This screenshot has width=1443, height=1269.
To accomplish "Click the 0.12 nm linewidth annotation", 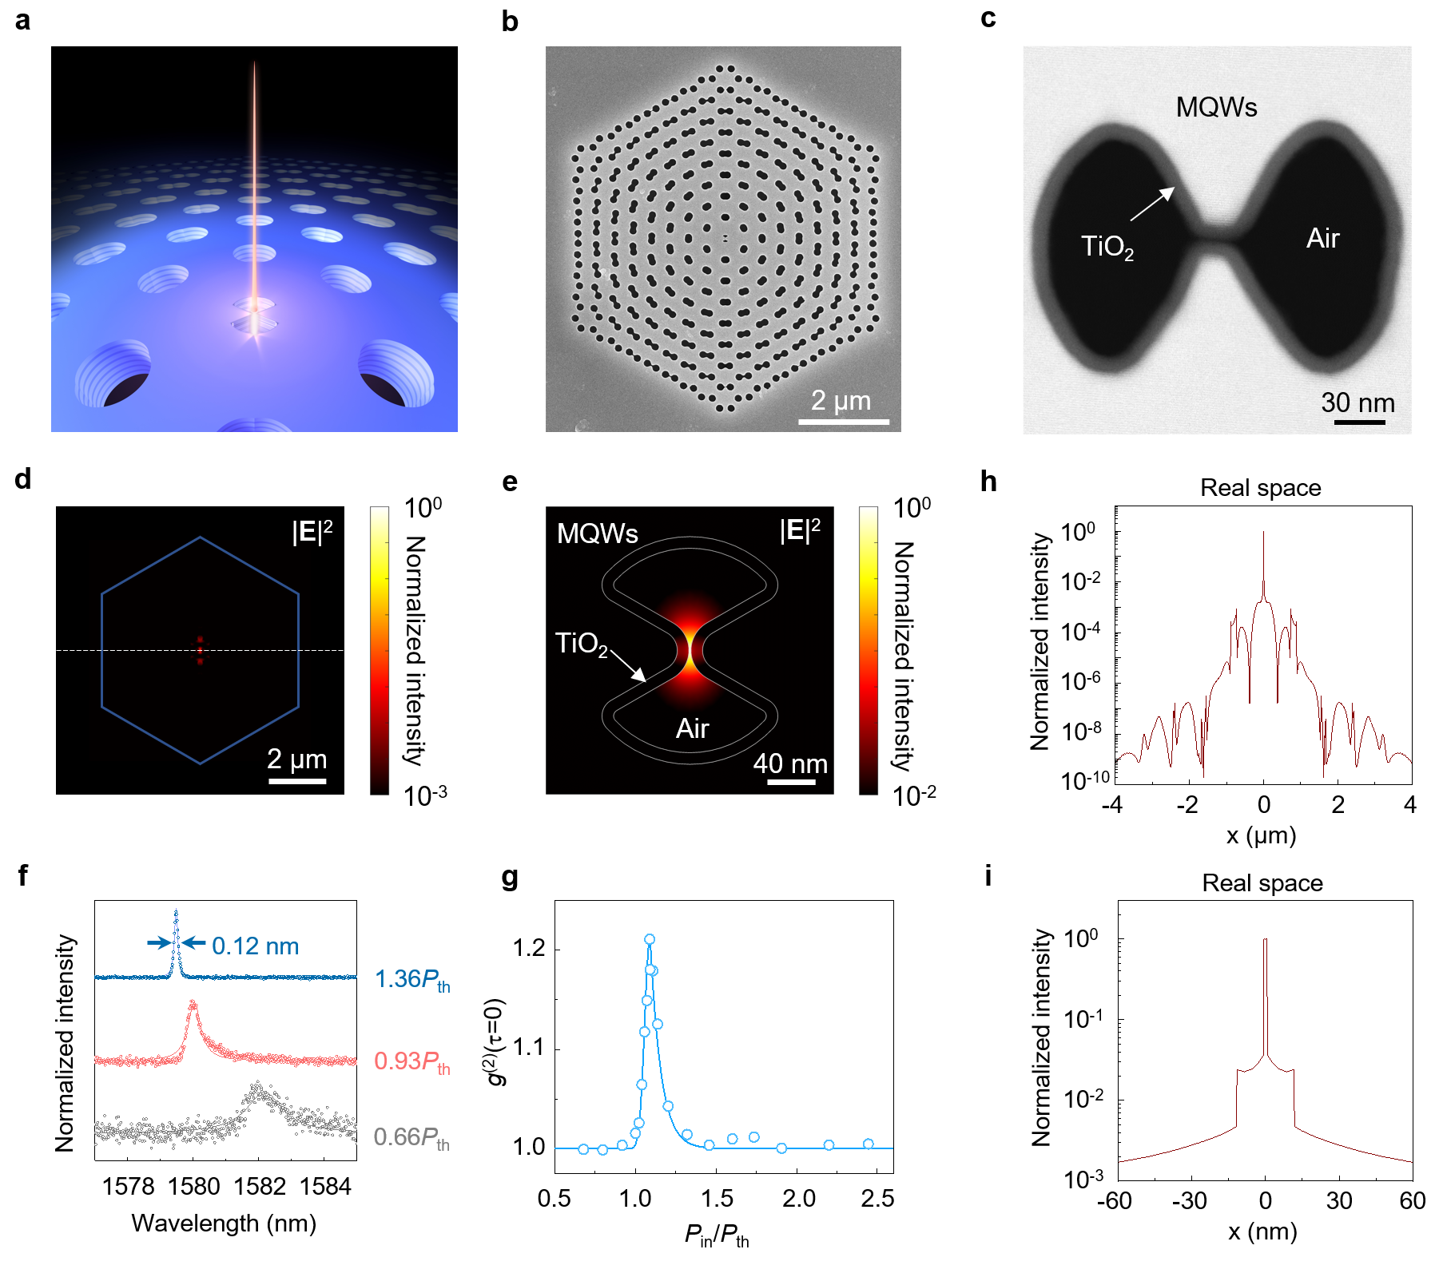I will [x=255, y=946].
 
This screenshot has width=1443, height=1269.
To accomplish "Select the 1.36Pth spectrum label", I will [x=411, y=980].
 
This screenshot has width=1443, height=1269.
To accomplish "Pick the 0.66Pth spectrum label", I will [x=411, y=1137].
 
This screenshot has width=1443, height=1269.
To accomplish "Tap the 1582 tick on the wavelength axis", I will [x=259, y=1187].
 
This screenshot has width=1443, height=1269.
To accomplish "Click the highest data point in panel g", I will [x=650, y=939].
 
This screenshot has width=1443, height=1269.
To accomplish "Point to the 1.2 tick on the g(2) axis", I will [x=528, y=949].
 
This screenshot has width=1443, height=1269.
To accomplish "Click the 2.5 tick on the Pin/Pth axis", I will [x=877, y=1198].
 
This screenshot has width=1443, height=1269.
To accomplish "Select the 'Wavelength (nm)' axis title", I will [x=224, y=1223].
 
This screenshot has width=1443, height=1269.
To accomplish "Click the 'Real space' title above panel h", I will [x=1260, y=488].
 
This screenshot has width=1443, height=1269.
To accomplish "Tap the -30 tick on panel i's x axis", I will [x=1189, y=1201].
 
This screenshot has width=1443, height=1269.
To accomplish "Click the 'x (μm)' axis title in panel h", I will [x=1261, y=836].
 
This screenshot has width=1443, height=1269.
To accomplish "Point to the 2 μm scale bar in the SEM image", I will [x=844, y=421].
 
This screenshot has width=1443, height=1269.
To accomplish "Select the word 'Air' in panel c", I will [x=1322, y=238].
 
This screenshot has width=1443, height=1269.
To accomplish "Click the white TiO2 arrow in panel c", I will [x=1152, y=204].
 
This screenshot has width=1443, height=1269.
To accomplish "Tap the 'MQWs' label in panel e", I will [x=597, y=533].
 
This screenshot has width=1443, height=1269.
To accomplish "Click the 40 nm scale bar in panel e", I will [x=791, y=782].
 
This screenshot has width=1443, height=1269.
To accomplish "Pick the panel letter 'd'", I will [x=22, y=478].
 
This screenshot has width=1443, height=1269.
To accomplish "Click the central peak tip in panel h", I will [x=1263, y=533].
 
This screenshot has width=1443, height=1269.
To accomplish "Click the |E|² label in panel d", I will [x=312, y=531].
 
